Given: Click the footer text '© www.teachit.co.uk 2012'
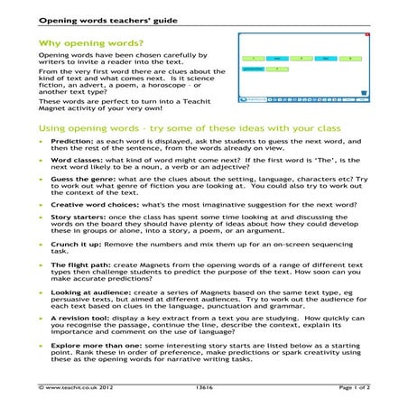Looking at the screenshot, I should [76, 386].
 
